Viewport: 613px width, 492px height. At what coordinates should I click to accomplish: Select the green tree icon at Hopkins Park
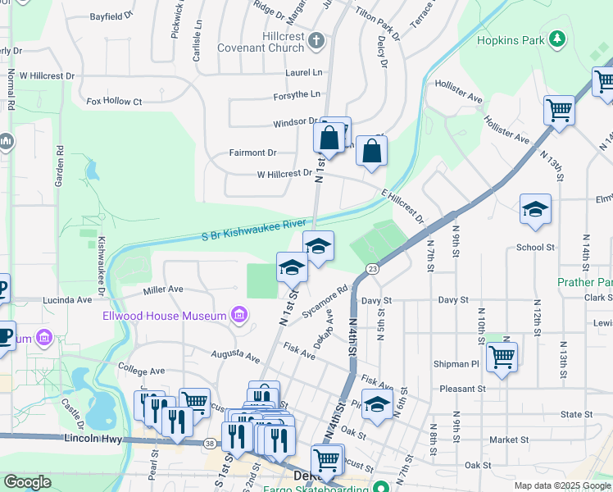pos(557,39)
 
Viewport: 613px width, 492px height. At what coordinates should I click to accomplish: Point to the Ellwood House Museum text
pos(164,316)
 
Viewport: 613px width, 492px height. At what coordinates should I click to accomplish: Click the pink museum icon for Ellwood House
pos(239,315)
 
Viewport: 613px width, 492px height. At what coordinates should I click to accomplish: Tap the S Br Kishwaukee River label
pos(254,230)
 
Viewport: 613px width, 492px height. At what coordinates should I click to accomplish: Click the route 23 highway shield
pos(372,268)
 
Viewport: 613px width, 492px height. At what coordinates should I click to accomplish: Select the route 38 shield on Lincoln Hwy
pos(211,443)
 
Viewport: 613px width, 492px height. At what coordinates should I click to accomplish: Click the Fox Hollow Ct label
pos(114,102)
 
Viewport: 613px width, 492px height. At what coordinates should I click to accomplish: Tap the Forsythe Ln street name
pos(297,96)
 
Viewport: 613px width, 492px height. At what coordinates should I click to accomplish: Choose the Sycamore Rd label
pos(325,301)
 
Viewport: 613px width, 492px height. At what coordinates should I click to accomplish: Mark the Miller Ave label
pos(162,289)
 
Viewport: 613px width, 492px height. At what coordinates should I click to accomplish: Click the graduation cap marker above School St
pos(535,210)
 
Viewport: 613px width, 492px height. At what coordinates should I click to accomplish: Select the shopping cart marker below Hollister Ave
pos(559,109)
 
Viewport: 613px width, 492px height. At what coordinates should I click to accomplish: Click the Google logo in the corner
pos(28,482)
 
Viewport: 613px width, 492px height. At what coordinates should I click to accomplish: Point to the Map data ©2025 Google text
pos(561,485)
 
